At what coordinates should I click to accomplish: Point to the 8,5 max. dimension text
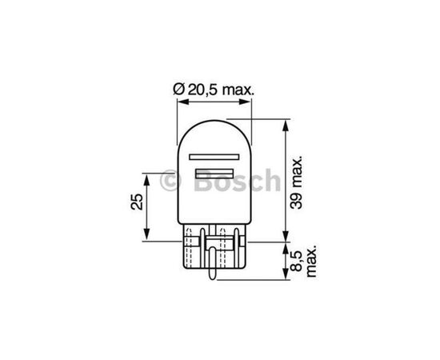click(305, 261)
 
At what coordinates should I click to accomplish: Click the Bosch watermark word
click(237, 181)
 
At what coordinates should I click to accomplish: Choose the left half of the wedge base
click(195, 252)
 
